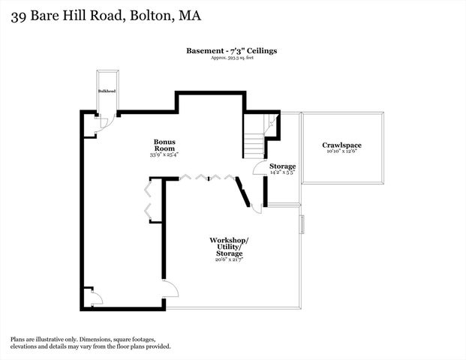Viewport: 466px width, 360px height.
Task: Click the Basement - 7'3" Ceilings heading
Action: pyautogui.click(x=232, y=50)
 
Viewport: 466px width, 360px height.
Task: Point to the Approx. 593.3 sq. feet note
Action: pyautogui.click(x=232, y=58)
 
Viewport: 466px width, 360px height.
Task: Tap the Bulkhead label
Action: pyautogui.click(x=107, y=91)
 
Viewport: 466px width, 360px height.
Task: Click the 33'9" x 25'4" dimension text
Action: pyautogui.click(x=164, y=154)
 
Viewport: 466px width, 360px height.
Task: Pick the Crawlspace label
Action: pyautogui.click(x=341, y=145)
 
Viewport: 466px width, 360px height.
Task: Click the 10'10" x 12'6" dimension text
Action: pyautogui.click(x=341, y=151)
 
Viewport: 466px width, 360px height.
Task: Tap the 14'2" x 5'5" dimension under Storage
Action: pyautogui.click(x=283, y=172)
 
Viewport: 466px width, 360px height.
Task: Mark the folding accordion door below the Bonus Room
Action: pyautogui.click(x=206, y=178)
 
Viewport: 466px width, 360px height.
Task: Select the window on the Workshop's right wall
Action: pyautogui.click(x=302, y=225)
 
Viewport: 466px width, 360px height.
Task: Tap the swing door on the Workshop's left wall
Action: pyautogui.click(x=170, y=289)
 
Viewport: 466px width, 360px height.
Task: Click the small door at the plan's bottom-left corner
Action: pyautogui.click(x=95, y=298)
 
